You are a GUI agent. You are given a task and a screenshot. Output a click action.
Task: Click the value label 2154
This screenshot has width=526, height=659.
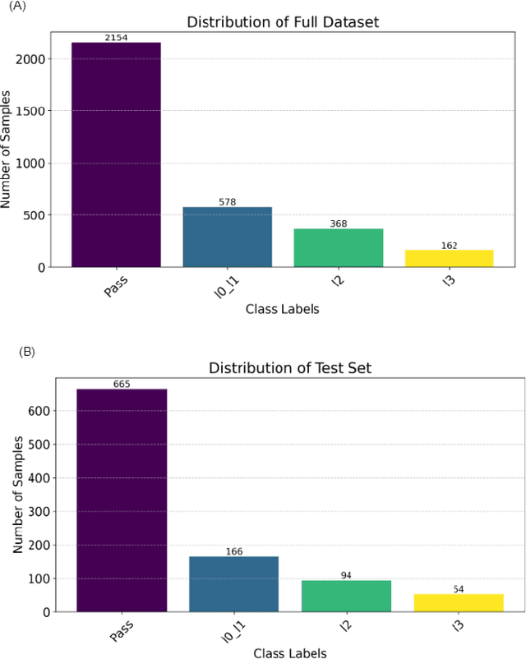(116, 38)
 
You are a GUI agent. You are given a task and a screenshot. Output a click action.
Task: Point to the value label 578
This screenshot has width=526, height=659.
(227, 202)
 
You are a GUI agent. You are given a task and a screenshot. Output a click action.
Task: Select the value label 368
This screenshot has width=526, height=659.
(338, 224)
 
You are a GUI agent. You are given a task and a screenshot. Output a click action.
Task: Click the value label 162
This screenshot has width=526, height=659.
(449, 245)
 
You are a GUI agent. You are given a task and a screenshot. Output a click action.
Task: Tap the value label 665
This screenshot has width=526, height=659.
(122, 384)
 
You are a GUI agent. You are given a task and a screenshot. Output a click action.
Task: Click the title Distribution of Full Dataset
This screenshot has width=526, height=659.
(283, 22)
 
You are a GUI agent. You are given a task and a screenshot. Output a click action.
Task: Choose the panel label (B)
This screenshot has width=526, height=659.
(27, 351)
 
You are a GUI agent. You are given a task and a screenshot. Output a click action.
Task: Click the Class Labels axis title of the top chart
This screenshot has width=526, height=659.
(283, 310)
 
